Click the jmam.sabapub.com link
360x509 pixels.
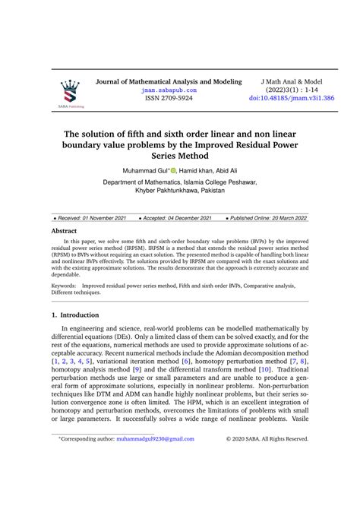click(x=169, y=90)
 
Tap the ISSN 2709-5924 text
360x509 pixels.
click(x=169, y=99)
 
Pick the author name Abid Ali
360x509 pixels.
click(x=229, y=170)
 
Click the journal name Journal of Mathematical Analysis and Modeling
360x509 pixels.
click(x=169, y=81)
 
